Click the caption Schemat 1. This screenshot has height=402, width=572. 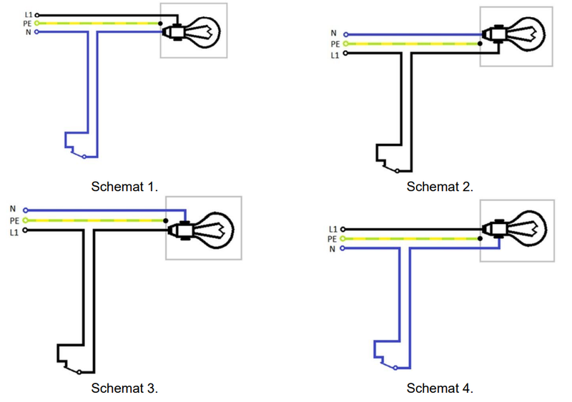[x=124, y=187]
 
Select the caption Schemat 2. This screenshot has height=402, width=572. [x=440, y=187]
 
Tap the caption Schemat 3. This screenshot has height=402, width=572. [x=124, y=388]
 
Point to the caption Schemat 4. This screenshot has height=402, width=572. [x=440, y=388]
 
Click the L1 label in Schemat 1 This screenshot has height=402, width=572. [x=29, y=15]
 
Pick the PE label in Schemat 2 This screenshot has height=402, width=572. [x=335, y=44]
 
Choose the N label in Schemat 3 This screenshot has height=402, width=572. [x=13, y=209]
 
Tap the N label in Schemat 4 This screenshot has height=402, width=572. [x=332, y=249]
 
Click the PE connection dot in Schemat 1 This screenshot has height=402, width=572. [x=160, y=24]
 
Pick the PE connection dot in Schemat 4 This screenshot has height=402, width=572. [x=480, y=239]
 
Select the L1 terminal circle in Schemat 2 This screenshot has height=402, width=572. [x=345, y=53]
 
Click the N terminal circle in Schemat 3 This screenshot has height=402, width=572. [x=25, y=210]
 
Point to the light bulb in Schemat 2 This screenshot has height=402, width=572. [x=513, y=35]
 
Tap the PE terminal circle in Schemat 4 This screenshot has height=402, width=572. [x=342, y=239]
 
